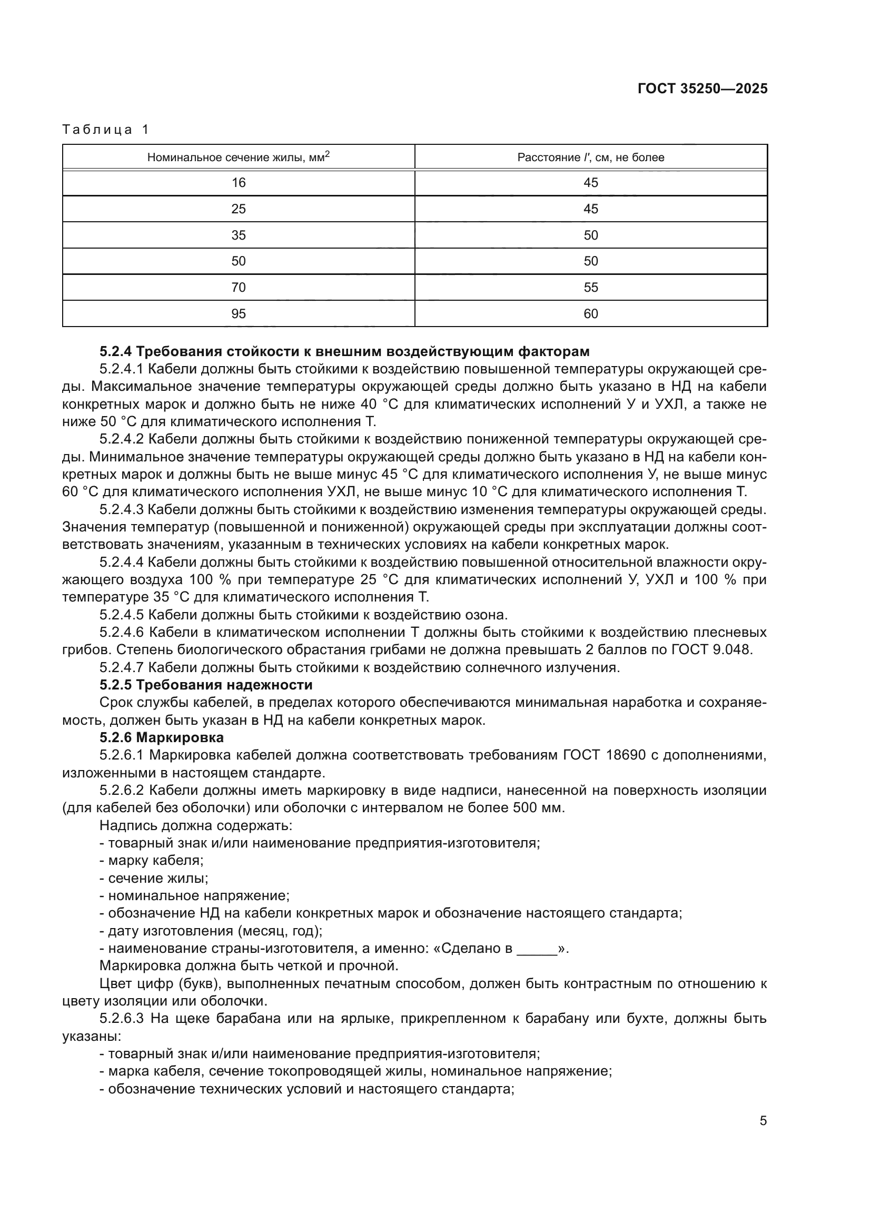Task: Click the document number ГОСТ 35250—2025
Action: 702,88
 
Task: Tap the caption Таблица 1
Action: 106,130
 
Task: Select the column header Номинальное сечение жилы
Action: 238,157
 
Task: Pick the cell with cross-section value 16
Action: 238,183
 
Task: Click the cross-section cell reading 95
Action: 238,314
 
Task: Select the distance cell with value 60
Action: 590,314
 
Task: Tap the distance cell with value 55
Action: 590,288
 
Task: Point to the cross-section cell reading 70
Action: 238,288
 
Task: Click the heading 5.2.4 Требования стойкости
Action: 344,352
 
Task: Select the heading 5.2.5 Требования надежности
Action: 206,685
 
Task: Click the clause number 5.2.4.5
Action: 122,615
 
